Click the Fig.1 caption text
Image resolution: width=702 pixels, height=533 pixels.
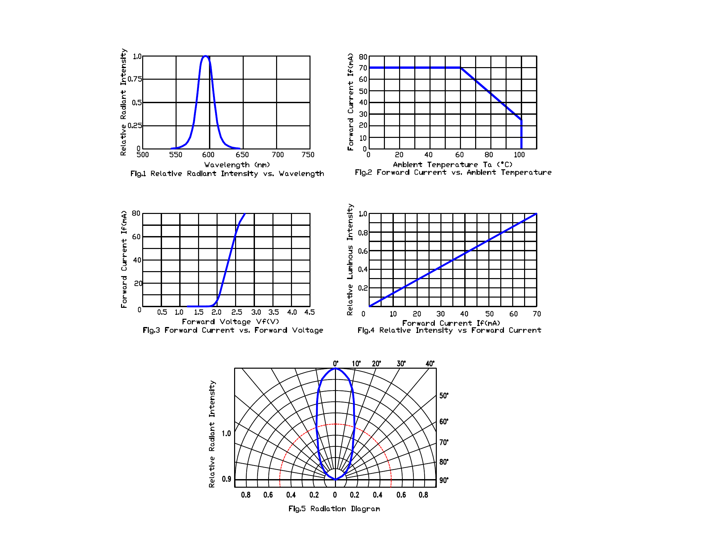[x=227, y=174]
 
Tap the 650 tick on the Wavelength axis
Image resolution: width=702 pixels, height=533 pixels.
[x=242, y=155]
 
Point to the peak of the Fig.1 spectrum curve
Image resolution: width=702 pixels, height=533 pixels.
[x=205, y=56]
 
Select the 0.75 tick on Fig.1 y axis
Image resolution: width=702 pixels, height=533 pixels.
[x=135, y=79]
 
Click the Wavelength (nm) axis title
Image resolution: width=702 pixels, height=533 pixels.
[x=237, y=165]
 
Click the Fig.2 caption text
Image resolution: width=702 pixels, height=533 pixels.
[x=453, y=172]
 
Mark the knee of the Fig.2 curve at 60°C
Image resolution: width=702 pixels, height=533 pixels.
[x=460, y=68]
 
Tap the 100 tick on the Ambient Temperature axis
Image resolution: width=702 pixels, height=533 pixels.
[x=519, y=155]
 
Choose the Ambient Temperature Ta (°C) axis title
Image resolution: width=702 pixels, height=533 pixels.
[x=453, y=164]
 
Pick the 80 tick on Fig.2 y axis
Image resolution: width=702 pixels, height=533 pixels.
[x=363, y=57]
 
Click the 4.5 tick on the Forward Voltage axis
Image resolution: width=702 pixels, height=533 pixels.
[x=310, y=312]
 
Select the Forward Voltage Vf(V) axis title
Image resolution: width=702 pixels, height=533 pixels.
[x=230, y=321]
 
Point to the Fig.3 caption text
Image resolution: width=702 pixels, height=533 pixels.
[x=233, y=330]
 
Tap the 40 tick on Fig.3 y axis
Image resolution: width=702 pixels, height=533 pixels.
[x=137, y=260]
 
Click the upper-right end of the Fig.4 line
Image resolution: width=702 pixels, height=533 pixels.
[x=536, y=214]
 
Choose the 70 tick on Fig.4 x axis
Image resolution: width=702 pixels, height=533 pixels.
[x=537, y=314]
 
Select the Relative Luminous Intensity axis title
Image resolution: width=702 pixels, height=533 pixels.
[x=350, y=259]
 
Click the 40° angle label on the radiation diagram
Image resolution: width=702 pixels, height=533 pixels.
[x=430, y=364]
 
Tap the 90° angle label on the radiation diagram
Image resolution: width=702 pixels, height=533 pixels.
[x=444, y=480]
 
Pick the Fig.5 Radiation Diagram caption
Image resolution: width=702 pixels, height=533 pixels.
[x=334, y=509]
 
